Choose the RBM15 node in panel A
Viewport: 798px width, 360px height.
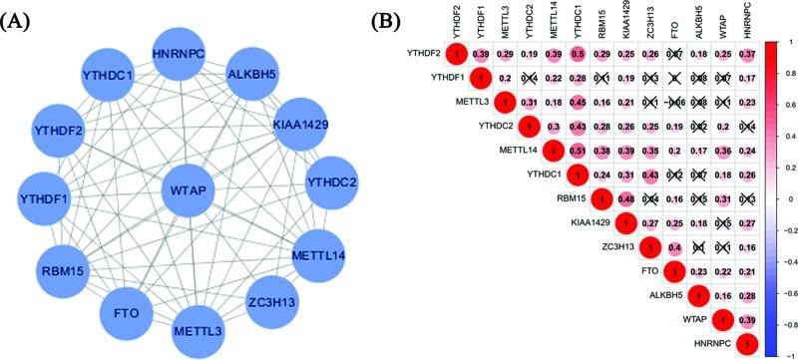tap(67, 268)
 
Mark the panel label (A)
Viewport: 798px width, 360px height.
tap(22, 21)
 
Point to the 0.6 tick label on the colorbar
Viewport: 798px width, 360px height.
tap(789, 94)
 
